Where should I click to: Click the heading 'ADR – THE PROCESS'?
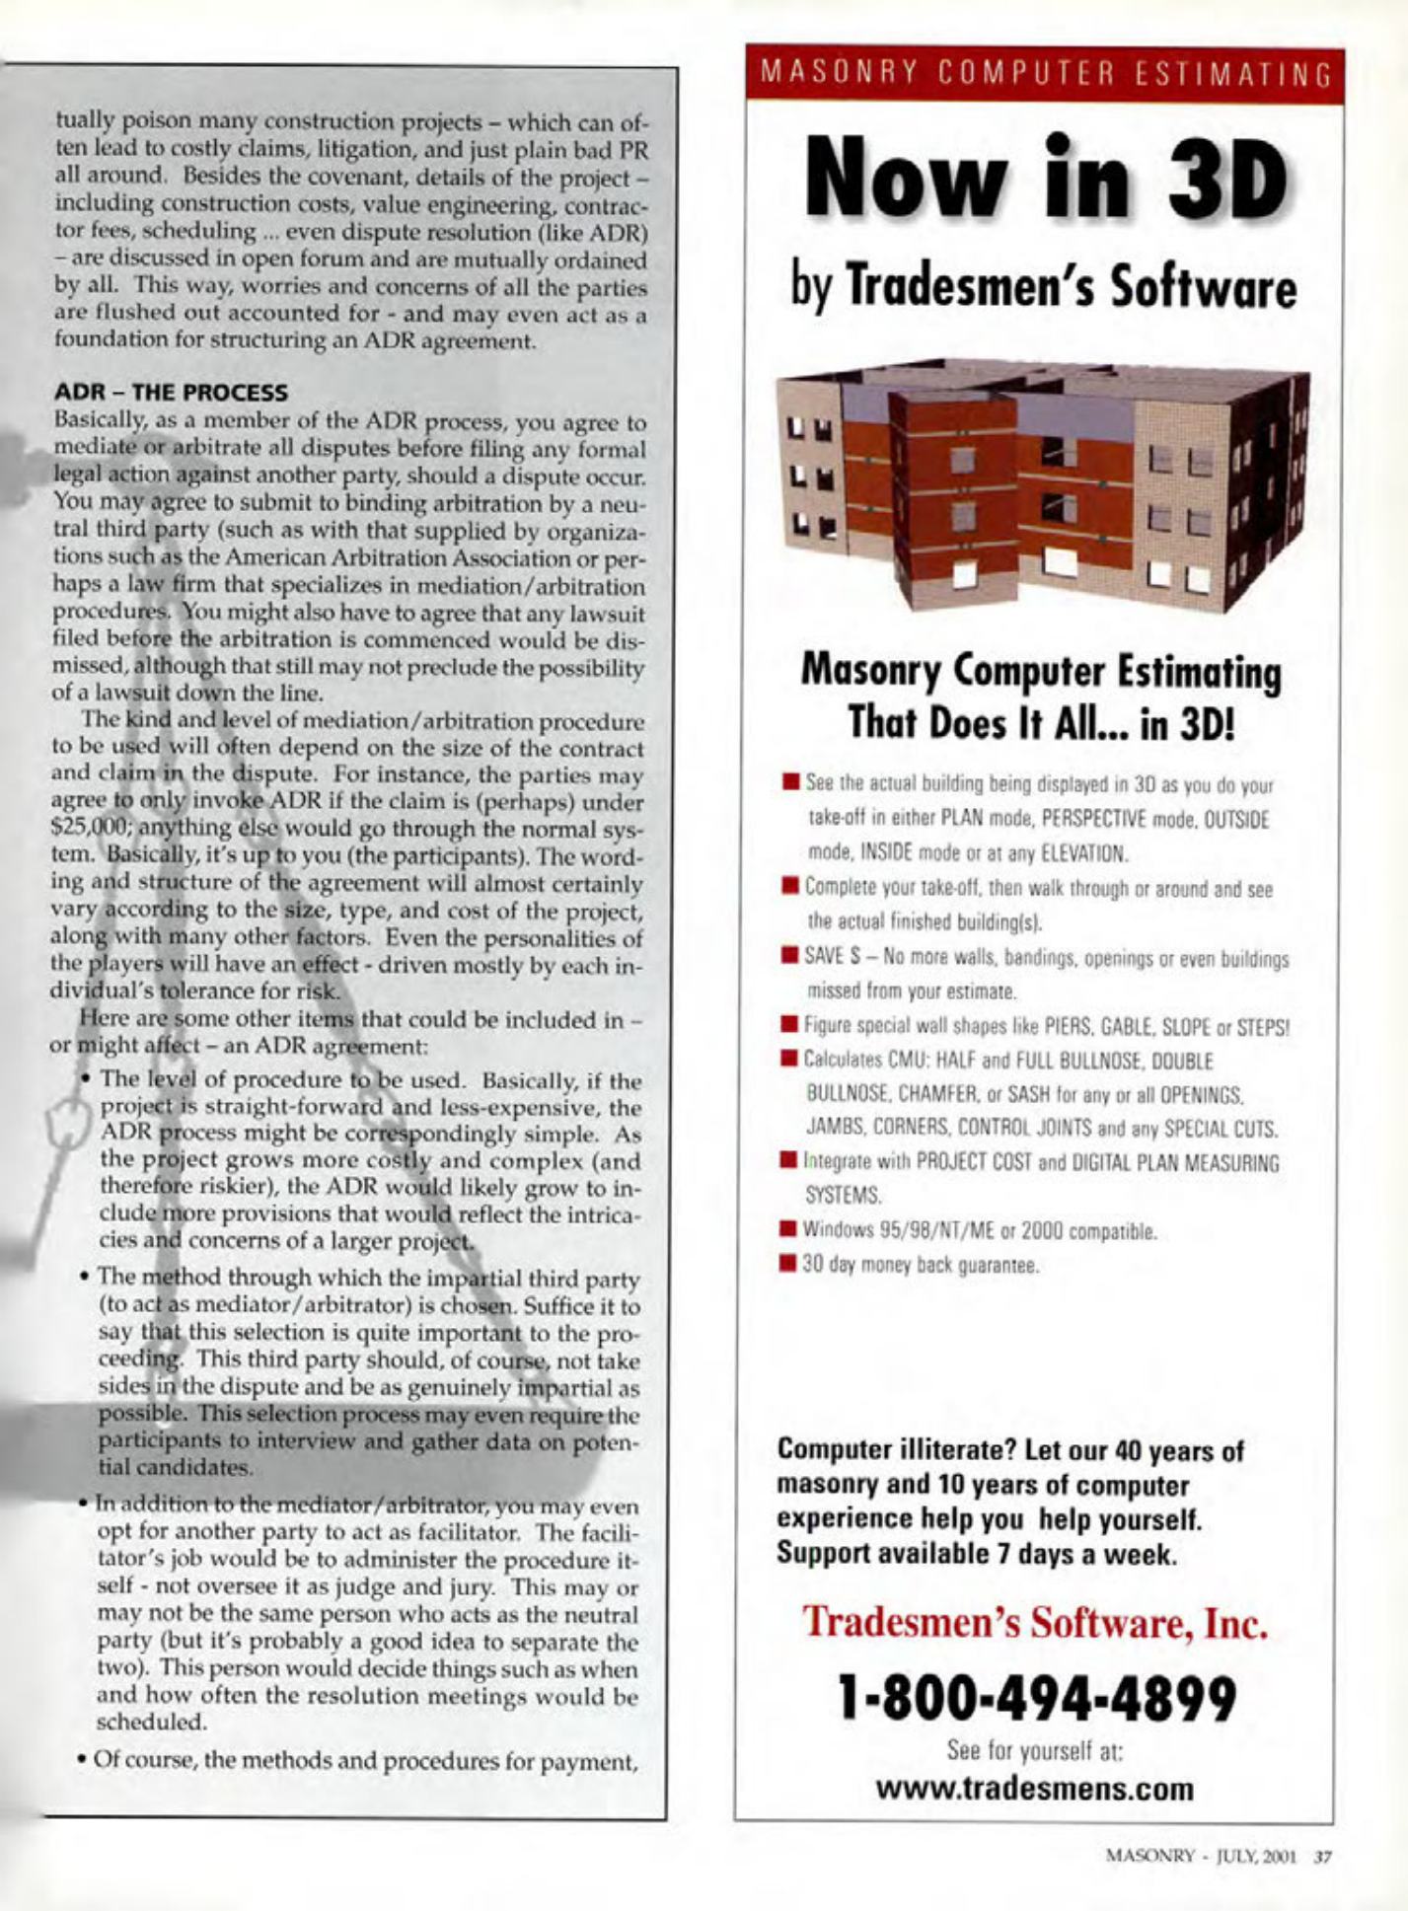click(171, 393)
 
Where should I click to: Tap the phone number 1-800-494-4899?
click(1036, 1699)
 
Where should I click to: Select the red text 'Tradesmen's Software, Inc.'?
click(1035, 1623)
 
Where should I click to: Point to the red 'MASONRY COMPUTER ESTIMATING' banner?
click(1045, 74)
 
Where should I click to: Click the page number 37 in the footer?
click(1323, 1856)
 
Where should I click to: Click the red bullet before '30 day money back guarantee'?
click(788, 1263)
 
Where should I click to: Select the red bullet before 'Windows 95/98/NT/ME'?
click(788, 1229)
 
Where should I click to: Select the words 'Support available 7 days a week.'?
click(976, 1555)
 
